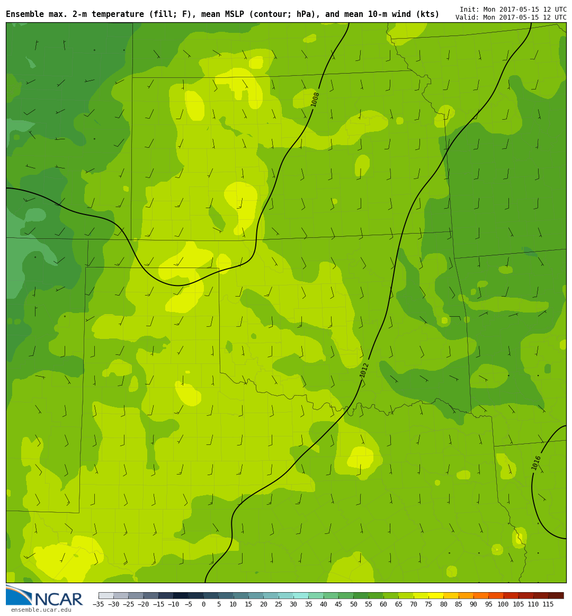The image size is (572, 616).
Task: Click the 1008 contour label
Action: [x=315, y=99]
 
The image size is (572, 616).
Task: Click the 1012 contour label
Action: [x=364, y=370]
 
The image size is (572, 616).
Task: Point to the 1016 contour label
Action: [x=537, y=462]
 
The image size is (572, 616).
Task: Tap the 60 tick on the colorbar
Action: [x=383, y=604]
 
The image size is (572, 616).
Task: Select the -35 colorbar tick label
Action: [x=99, y=604]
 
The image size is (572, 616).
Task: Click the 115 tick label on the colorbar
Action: [x=548, y=604]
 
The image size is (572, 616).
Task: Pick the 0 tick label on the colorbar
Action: [x=203, y=604]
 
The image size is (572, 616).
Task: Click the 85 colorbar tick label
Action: [x=458, y=604]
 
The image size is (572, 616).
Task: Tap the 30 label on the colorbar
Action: [x=293, y=604]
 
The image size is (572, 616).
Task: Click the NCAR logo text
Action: [x=58, y=600]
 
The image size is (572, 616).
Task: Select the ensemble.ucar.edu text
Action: [x=41, y=610]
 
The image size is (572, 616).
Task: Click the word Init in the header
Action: [x=468, y=10]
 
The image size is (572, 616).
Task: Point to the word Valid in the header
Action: [x=466, y=17]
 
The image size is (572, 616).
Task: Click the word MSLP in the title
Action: [x=222, y=14]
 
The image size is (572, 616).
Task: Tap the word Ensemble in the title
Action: [x=25, y=14]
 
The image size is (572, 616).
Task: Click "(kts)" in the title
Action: [x=427, y=14]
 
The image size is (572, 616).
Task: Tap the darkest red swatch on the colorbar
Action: [x=556, y=595]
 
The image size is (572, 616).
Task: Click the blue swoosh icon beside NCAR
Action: [x=19, y=595]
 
